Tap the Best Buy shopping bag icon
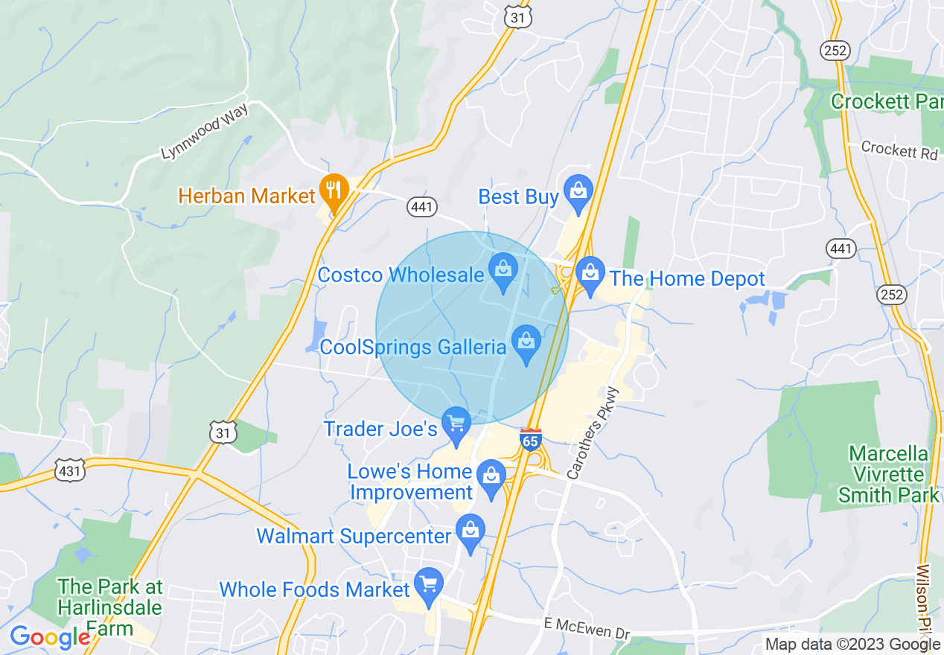point(578,191)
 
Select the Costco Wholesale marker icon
point(503,269)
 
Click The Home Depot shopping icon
point(590,272)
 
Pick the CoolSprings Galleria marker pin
point(526,342)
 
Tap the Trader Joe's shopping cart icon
point(456,424)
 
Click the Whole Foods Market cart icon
point(428,584)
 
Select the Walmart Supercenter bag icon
point(470,531)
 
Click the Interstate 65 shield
point(530,440)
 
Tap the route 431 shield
point(68,470)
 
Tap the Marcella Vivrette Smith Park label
point(889,474)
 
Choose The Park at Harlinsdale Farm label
point(109,607)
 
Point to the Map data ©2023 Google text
point(852,645)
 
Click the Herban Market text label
point(247,196)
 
